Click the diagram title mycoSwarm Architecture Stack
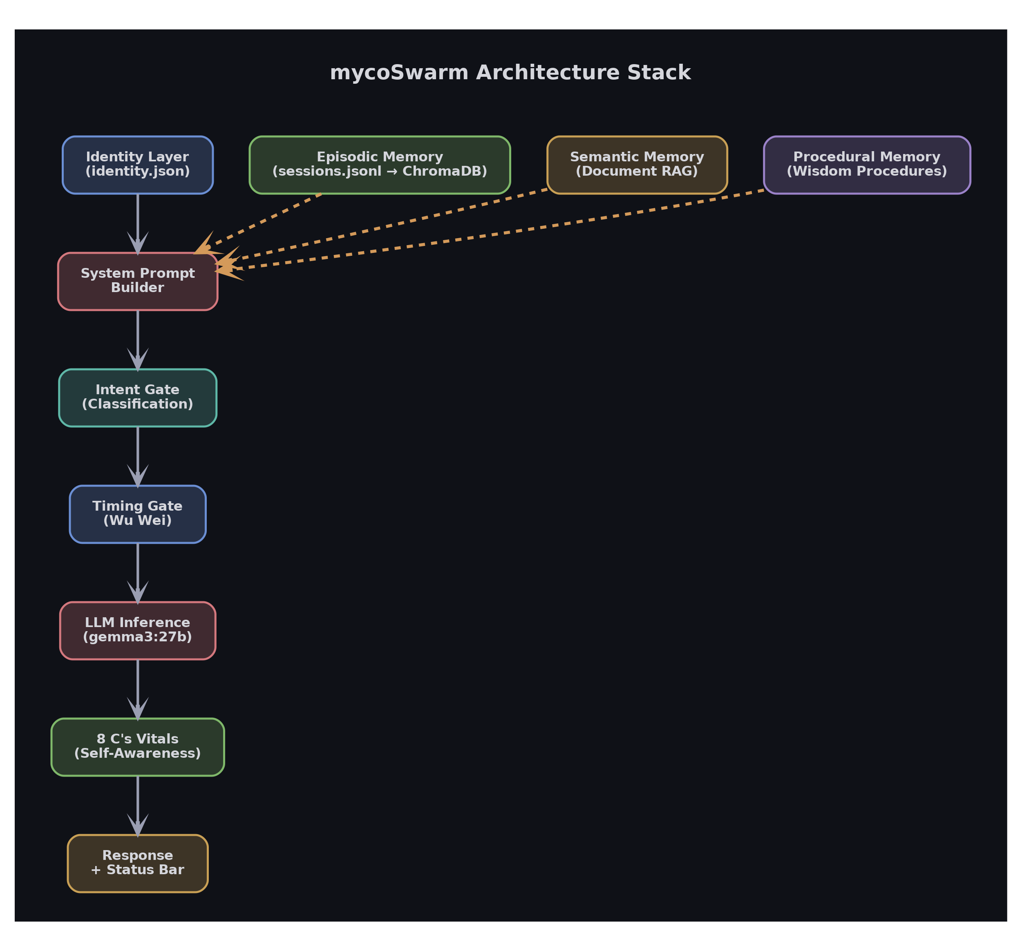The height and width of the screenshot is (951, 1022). click(510, 72)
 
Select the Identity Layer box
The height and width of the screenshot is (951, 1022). click(137, 165)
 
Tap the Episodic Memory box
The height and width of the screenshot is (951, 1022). click(379, 165)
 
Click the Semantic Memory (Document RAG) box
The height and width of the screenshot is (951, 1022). click(637, 165)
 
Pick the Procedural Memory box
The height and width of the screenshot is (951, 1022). click(867, 165)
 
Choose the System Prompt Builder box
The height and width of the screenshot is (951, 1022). click(137, 281)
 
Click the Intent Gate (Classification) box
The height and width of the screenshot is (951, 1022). click(137, 397)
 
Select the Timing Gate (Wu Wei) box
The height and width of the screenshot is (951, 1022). click(137, 513)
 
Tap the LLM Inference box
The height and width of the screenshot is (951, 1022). click(137, 630)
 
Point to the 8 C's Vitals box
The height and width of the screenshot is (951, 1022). click(137, 746)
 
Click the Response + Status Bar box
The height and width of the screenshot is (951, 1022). click(137, 863)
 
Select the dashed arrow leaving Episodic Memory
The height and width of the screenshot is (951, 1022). click(267, 219)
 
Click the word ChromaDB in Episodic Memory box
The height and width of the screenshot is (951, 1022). click(444, 172)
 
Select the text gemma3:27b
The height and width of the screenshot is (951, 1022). click(137, 637)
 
